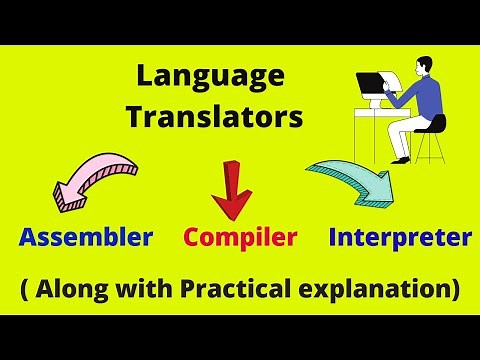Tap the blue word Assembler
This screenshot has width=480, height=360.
86,238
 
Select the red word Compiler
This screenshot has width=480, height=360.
240,238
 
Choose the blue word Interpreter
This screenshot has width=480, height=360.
400,238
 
